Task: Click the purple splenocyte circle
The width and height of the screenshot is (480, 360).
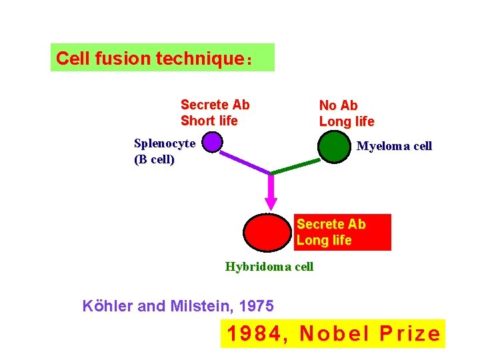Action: click(212, 142)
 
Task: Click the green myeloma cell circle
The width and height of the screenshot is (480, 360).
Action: click(333, 147)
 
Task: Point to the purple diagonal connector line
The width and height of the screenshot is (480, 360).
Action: click(245, 161)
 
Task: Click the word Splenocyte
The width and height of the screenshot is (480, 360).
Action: click(165, 143)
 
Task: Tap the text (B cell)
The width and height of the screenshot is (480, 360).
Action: click(154, 159)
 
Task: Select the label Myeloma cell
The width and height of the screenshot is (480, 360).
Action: click(394, 146)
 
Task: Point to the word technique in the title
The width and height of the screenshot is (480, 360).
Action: click(197, 59)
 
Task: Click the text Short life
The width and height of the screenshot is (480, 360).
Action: click(209, 121)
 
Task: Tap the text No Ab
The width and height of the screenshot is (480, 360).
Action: click(338, 105)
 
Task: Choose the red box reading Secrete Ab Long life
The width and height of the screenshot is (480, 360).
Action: click(343, 232)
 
